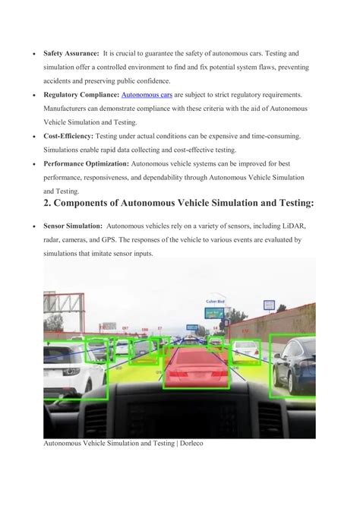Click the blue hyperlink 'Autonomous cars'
147,95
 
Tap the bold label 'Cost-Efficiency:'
68,136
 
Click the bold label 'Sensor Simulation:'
73,226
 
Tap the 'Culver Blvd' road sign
214,302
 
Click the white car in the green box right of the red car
245,350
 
